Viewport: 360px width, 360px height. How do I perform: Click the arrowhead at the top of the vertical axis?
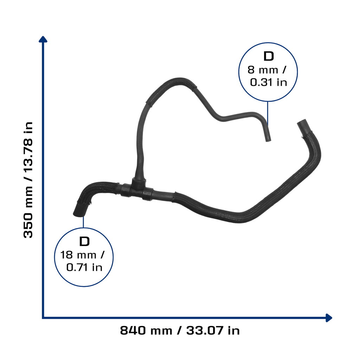pyautogui.click(x=43, y=39)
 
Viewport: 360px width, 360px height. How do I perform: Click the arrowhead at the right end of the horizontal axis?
pyautogui.click(x=329, y=318)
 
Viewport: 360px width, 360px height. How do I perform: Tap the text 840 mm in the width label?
pyautogui.click(x=146, y=330)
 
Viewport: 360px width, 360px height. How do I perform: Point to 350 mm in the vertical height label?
pyautogui.click(x=28, y=212)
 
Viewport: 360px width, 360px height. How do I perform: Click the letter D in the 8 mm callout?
pyautogui.click(x=269, y=56)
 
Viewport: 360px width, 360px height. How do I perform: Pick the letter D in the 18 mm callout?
pyautogui.click(x=84, y=242)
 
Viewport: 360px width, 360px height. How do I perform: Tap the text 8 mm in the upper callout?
pyautogui.click(x=263, y=70)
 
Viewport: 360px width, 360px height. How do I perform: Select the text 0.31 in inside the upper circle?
pyautogui.click(x=268, y=82)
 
